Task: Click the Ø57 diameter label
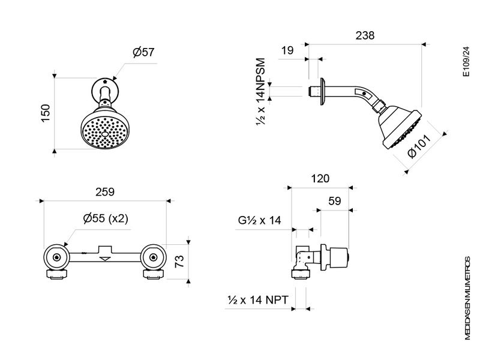143,52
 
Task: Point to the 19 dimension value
287,51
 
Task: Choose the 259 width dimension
104,192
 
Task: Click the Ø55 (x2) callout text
106,218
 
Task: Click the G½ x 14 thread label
259,220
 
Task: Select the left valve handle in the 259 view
56,258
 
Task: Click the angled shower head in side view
401,127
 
